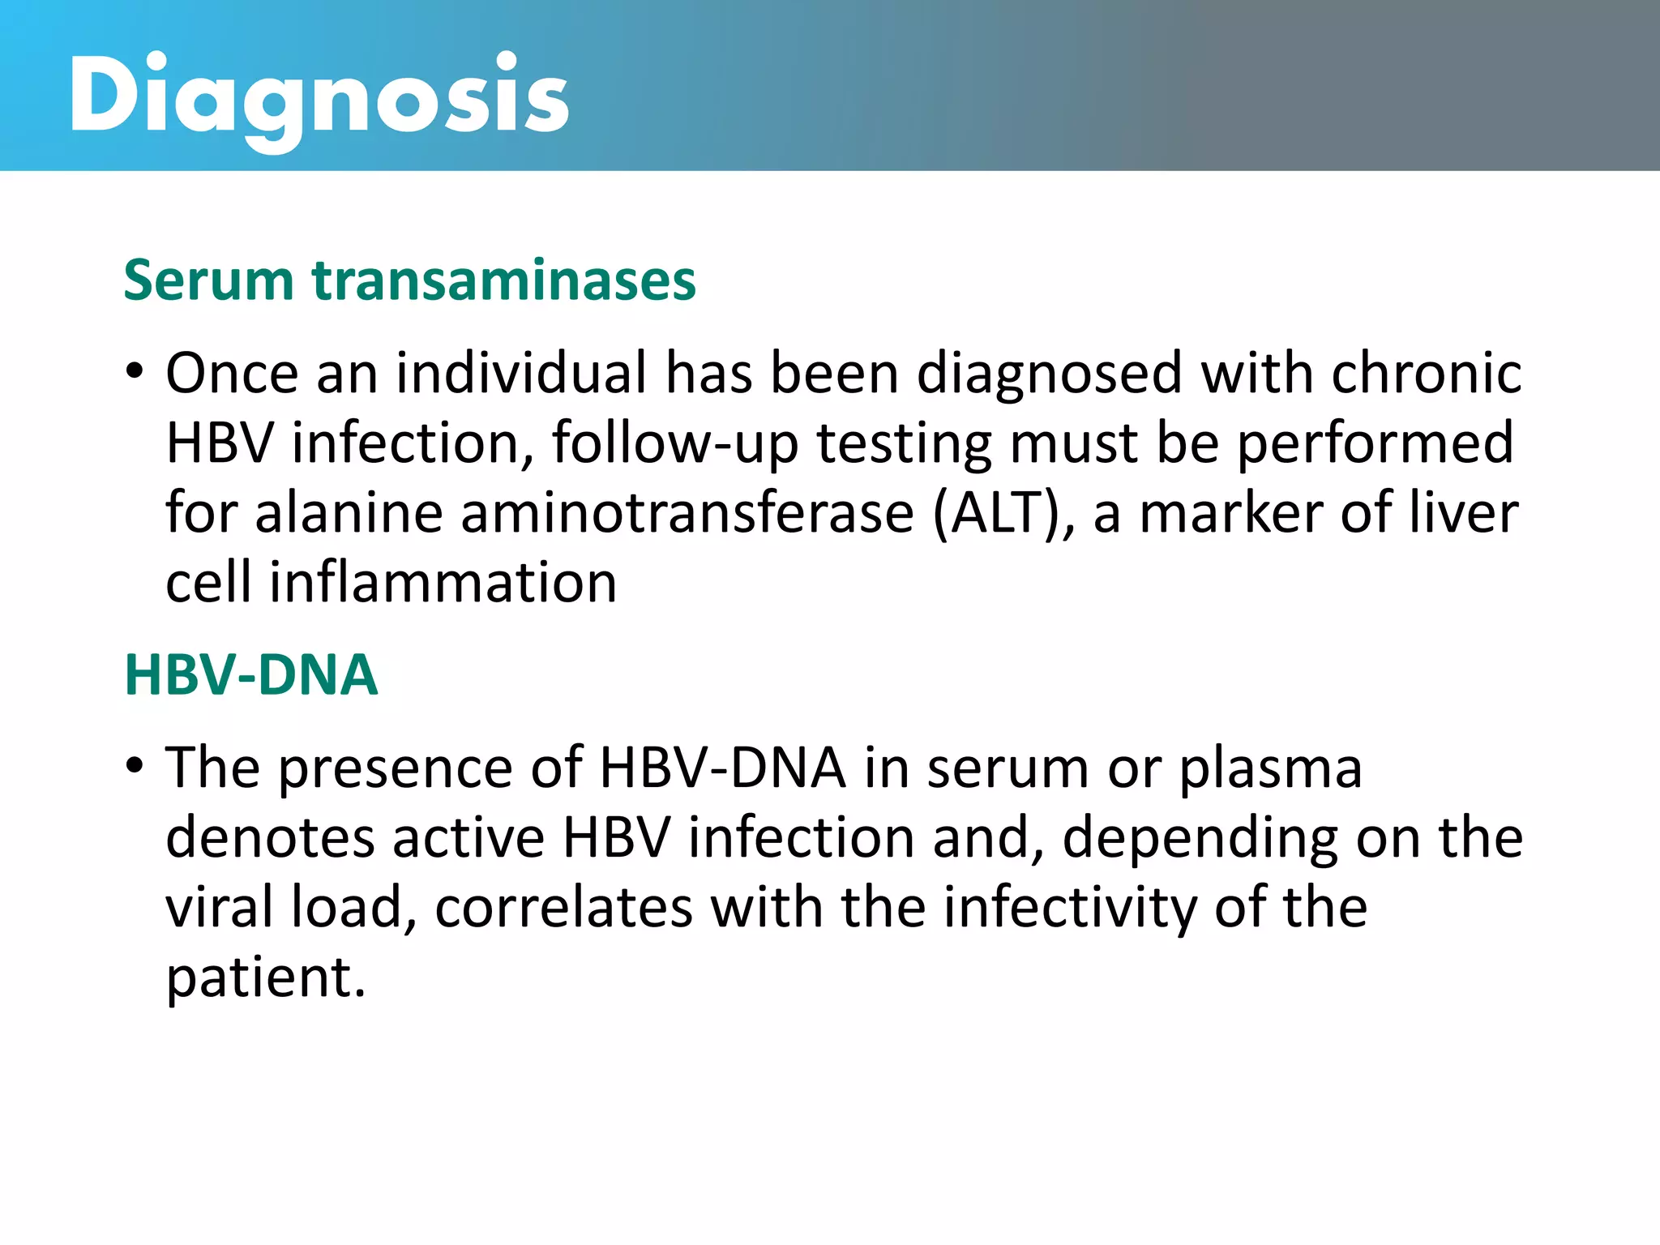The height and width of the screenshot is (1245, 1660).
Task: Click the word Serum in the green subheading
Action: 208,280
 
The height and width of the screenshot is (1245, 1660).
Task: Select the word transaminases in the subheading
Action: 503,280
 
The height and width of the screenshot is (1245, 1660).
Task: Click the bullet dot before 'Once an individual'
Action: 135,373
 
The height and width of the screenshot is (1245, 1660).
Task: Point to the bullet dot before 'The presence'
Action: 135,766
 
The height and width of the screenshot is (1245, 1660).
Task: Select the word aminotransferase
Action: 687,513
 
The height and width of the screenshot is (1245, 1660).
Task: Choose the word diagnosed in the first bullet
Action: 1049,373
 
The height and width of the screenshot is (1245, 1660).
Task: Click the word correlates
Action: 563,907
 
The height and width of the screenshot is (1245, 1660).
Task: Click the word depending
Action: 1200,839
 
